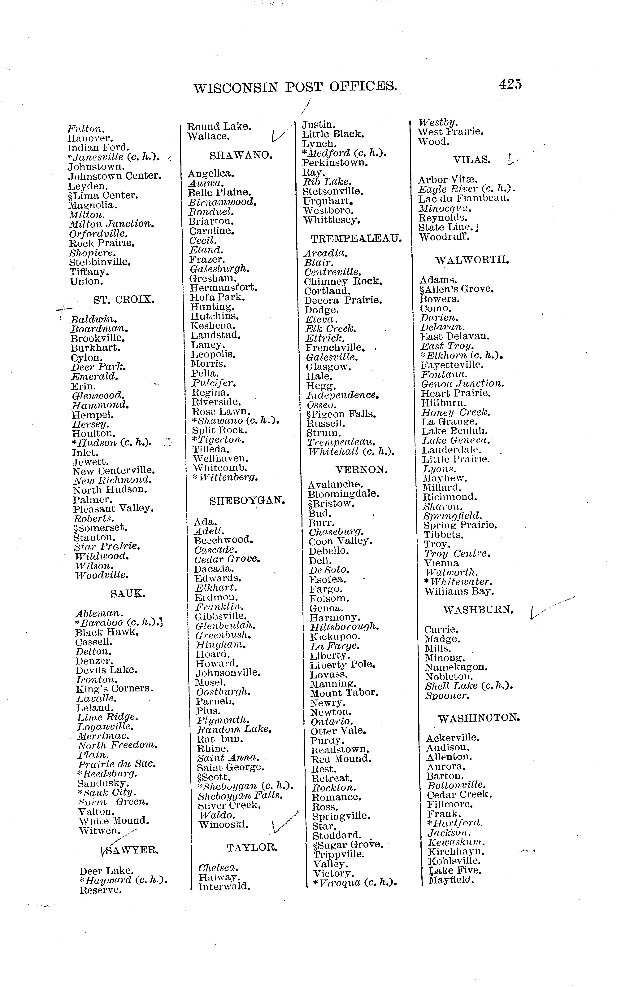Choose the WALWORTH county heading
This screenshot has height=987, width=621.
click(x=472, y=260)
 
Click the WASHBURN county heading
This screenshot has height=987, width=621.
click(x=478, y=610)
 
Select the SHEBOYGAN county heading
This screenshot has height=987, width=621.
click(x=247, y=500)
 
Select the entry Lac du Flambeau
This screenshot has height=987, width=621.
click(x=463, y=198)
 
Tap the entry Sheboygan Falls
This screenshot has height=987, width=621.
click(x=240, y=796)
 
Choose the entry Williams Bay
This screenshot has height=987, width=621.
click(x=459, y=591)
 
